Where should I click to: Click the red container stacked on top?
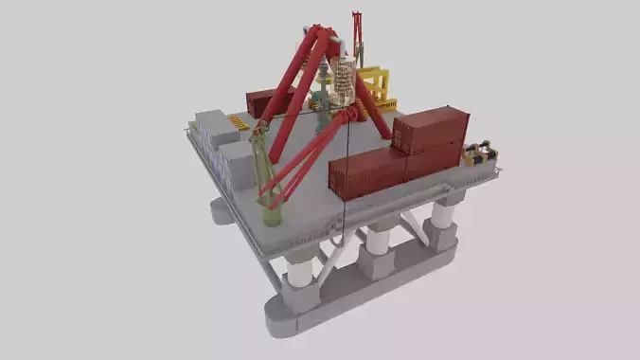(x=431, y=129)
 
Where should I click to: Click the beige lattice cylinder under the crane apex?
(x=342, y=80)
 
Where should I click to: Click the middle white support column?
(x=377, y=241)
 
